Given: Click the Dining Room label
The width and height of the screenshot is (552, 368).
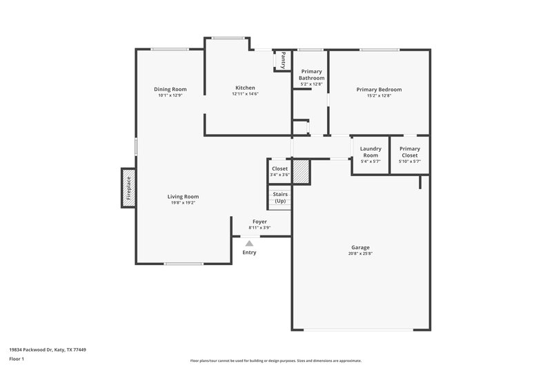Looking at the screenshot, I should pyautogui.click(x=170, y=89).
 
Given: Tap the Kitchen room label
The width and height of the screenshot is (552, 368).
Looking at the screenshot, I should pyautogui.click(x=245, y=88).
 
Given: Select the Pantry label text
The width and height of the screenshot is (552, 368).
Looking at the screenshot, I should pyautogui.click(x=283, y=60).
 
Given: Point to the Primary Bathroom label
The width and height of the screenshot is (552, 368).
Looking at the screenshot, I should pyautogui.click(x=311, y=75).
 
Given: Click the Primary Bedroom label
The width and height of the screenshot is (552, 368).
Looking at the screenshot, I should pyautogui.click(x=379, y=89).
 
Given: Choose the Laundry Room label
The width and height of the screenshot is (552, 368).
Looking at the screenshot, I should pyautogui.click(x=371, y=152).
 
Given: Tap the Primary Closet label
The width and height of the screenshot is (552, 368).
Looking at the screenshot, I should pyautogui.click(x=410, y=152).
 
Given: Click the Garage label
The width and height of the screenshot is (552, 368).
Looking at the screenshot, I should pyautogui.click(x=360, y=247).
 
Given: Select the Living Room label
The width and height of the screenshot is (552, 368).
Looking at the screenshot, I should pyautogui.click(x=183, y=196).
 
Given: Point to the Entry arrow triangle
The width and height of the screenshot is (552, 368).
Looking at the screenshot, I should pyautogui.click(x=249, y=243).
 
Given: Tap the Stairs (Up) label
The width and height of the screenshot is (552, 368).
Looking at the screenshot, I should pyautogui.click(x=280, y=197).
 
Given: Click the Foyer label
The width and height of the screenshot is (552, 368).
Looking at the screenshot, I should pyautogui.click(x=259, y=222).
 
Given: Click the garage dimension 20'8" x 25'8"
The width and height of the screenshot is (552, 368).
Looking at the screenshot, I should pyautogui.click(x=360, y=253).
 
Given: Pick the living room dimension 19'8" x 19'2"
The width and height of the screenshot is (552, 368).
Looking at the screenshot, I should pyautogui.click(x=183, y=202).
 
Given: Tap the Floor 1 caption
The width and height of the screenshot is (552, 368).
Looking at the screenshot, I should pyautogui.click(x=17, y=359).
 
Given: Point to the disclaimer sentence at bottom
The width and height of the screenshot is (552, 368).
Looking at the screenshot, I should pyautogui.click(x=275, y=360).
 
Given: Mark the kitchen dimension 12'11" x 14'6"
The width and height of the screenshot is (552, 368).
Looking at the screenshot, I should pyautogui.click(x=245, y=94).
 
